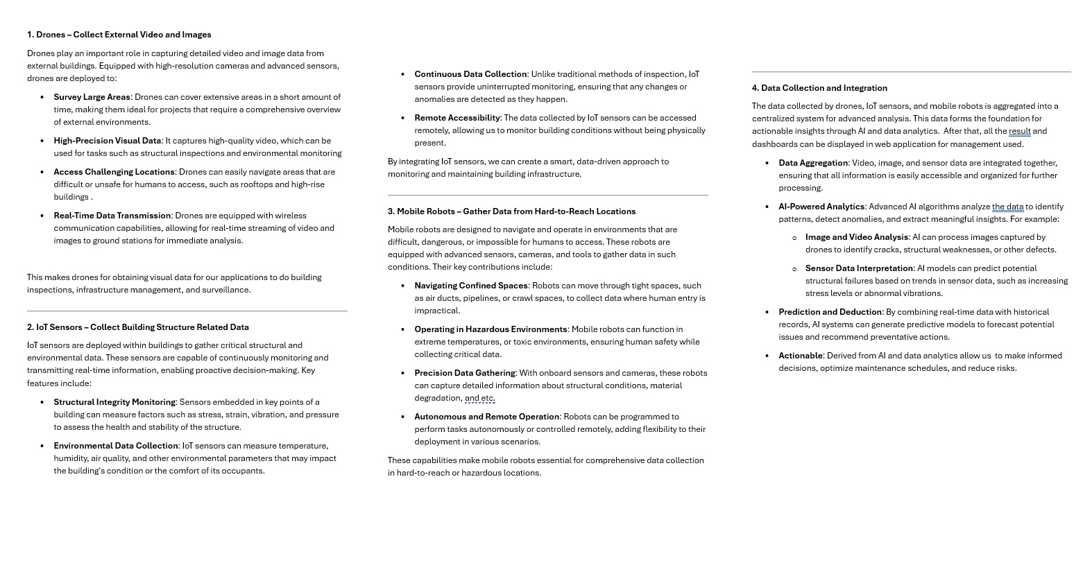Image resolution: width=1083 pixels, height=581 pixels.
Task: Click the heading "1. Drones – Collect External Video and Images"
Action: (x=119, y=35)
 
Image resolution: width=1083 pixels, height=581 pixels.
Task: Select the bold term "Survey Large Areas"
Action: (x=92, y=97)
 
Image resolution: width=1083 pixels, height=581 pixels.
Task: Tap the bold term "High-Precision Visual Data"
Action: (x=107, y=141)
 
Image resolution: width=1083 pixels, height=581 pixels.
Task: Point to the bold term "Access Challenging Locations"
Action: (x=114, y=172)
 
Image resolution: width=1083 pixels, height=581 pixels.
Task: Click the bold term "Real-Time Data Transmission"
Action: (x=112, y=216)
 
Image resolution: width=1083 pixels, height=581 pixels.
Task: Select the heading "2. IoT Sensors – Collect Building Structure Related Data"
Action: (x=137, y=327)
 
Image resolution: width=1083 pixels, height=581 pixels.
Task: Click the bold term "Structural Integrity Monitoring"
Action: (x=114, y=402)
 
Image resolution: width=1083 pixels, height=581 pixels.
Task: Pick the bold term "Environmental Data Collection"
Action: (x=116, y=446)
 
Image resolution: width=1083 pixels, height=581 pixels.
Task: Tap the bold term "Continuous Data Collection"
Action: (x=470, y=74)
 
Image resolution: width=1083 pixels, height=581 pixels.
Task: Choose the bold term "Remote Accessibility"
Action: (x=457, y=118)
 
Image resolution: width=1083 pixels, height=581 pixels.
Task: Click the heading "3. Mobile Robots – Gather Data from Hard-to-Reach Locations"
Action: (x=511, y=211)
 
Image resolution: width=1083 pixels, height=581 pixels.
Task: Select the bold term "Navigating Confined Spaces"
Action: (x=471, y=286)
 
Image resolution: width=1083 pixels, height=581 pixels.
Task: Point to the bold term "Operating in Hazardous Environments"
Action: (x=491, y=329)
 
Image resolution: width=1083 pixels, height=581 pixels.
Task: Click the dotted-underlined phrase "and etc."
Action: (x=479, y=398)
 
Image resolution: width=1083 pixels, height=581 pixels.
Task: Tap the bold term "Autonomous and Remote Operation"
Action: (x=486, y=417)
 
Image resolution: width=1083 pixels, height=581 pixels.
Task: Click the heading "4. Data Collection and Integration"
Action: (x=819, y=88)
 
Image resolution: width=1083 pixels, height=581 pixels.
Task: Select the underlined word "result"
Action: (x=1019, y=131)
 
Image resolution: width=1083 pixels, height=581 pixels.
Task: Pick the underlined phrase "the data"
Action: (x=1007, y=207)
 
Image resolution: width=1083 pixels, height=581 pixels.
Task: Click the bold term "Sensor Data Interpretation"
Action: (x=859, y=268)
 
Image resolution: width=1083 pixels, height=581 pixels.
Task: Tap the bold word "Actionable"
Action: (x=800, y=356)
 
